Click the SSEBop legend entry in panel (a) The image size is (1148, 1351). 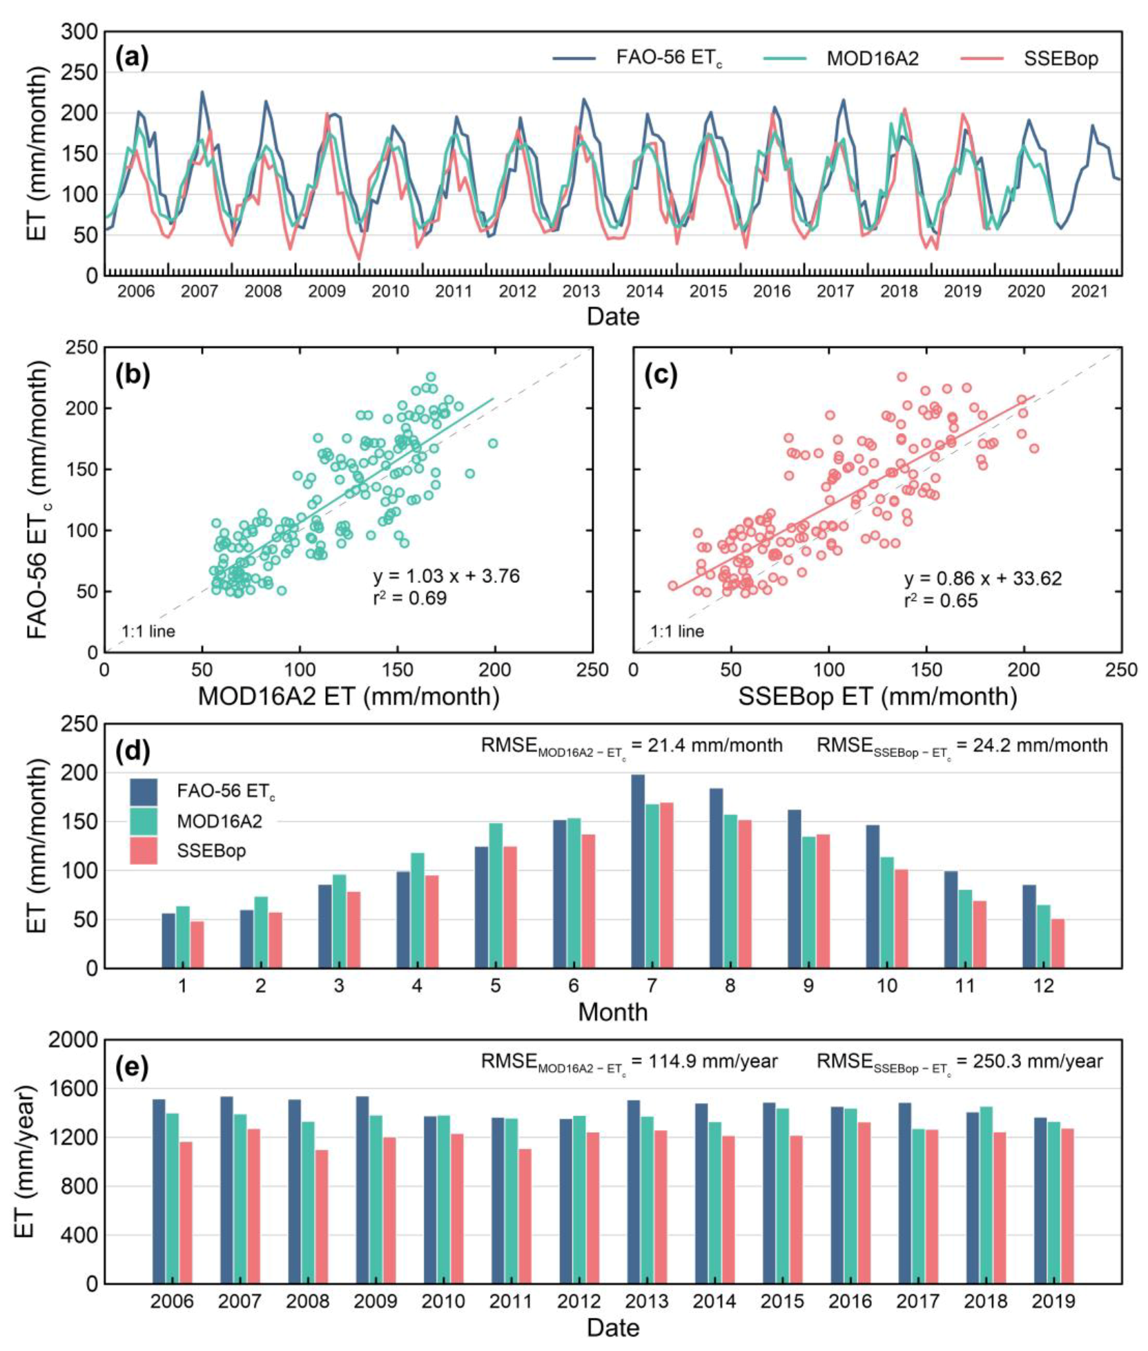pyautogui.click(x=1060, y=59)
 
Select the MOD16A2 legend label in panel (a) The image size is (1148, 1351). pyautogui.click(x=872, y=59)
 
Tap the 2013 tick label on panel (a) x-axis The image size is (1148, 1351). pyautogui.click(x=581, y=291)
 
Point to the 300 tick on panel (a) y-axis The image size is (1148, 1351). pyautogui.click(x=79, y=32)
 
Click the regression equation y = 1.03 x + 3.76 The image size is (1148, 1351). pyautogui.click(x=446, y=576)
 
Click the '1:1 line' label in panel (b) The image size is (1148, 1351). pyautogui.click(x=148, y=631)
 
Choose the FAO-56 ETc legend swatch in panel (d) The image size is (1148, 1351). pyautogui.click(x=144, y=792)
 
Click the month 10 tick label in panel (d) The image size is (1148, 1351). pyautogui.click(x=886, y=986)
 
